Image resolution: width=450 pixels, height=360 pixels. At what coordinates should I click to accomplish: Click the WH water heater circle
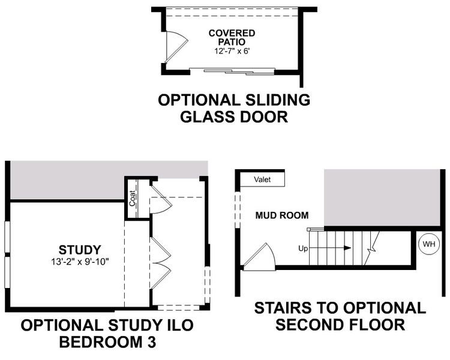coord(428,244)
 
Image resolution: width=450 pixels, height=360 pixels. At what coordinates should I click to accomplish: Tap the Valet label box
coord(262,179)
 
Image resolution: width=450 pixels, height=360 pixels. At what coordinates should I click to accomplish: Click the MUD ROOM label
coord(282,215)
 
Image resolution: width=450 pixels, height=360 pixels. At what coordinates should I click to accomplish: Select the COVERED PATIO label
coord(232,38)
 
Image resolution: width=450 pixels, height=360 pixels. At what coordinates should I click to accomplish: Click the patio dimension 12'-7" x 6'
coord(232,52)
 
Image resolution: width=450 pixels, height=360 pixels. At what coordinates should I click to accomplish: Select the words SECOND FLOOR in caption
coord(340,325)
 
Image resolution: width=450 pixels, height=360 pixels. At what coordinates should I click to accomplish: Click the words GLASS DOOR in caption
coord(234,116)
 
